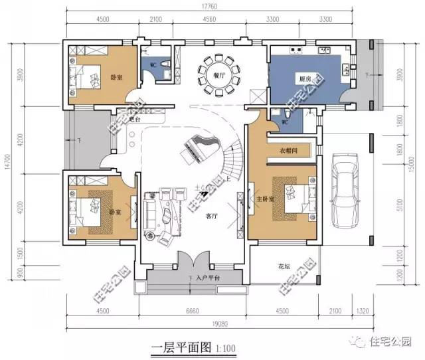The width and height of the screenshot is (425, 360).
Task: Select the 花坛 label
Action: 284,266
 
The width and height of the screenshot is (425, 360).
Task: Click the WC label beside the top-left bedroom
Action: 153,65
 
